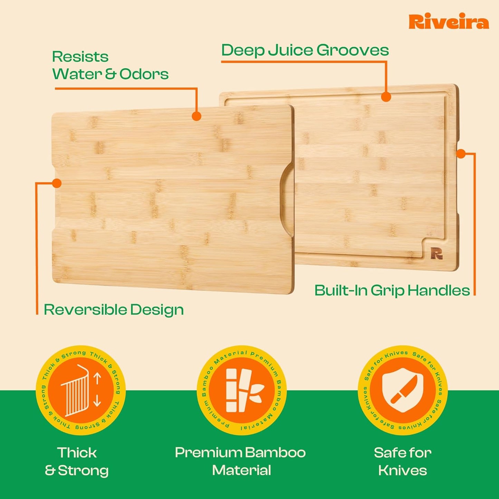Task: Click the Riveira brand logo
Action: click(449, 22)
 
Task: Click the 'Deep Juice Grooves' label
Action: click(305, 50)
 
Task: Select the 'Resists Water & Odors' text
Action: click(110, 65)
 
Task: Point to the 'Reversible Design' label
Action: click(114, 309)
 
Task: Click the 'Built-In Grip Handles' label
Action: click(392, 290)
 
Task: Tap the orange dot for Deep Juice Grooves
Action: click(386, 97)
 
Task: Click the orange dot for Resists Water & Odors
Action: click(196, 116)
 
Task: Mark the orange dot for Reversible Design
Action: click(57, 183)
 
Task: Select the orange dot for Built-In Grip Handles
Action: click(461, 153)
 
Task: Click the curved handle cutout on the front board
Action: click(286, 199)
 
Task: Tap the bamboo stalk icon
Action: click(242, 390)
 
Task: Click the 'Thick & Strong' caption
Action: click(77, 461)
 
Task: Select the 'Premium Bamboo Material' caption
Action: click(240, 461)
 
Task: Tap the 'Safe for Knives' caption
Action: click(403, 461)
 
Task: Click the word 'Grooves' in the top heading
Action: click(353, 50)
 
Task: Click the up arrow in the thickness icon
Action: click(97, 378)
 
